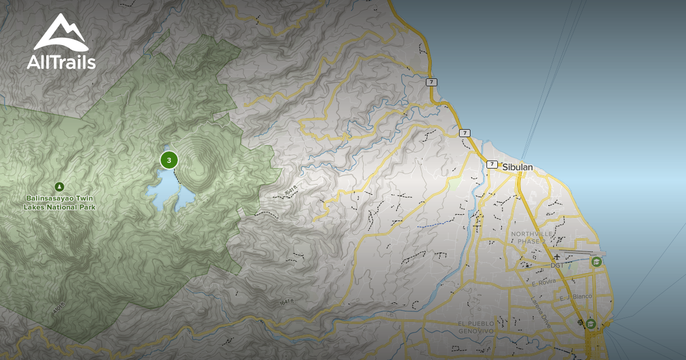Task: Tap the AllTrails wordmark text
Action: pyautogui.click(x=61, y=62)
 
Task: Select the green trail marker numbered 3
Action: pyautogui.click(x=169, y=160)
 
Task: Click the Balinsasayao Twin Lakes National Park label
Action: pyautogui.click(x=60, y=202)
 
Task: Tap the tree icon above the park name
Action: pyautogui.click(x=59, y=186)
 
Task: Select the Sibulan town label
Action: pyautogui.click(x=517, y=167)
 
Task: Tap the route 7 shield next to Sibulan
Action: pyautogui.click(x=492, y=165)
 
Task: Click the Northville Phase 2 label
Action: pyautogui.click(x=529, y=237)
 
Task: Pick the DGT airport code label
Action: pyautogui.click(x=556, y=265)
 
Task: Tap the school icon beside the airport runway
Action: pyautogui.click(x=596, y=262)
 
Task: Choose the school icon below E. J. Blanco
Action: pyautogui.click(x=591, y=324)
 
